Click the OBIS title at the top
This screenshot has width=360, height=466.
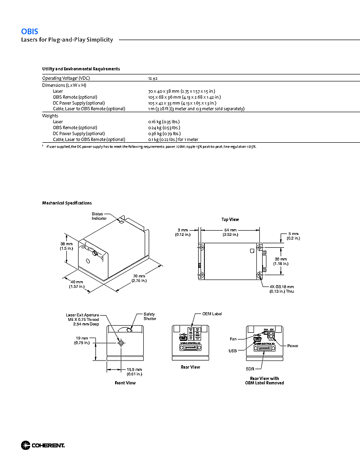click(30, 31)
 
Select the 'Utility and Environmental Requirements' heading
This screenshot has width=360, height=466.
click(81, 69)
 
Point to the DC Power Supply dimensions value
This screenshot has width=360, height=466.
click(182, 103)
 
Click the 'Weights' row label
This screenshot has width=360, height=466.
click(50, 116)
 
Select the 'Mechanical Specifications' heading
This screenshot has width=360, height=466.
click(67, 203)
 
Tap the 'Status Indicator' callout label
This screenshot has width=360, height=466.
click(99, 216)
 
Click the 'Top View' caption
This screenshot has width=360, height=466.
click(230, 220)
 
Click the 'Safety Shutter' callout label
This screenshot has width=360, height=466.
click(150, 317)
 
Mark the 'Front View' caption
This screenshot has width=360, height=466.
click(125, 383)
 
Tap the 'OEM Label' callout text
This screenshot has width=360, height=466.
click(212, 314)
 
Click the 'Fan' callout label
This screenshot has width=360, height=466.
click(233, 339)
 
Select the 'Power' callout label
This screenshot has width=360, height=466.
click(293, 346)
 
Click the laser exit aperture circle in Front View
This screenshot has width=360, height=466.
click(120, 343)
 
